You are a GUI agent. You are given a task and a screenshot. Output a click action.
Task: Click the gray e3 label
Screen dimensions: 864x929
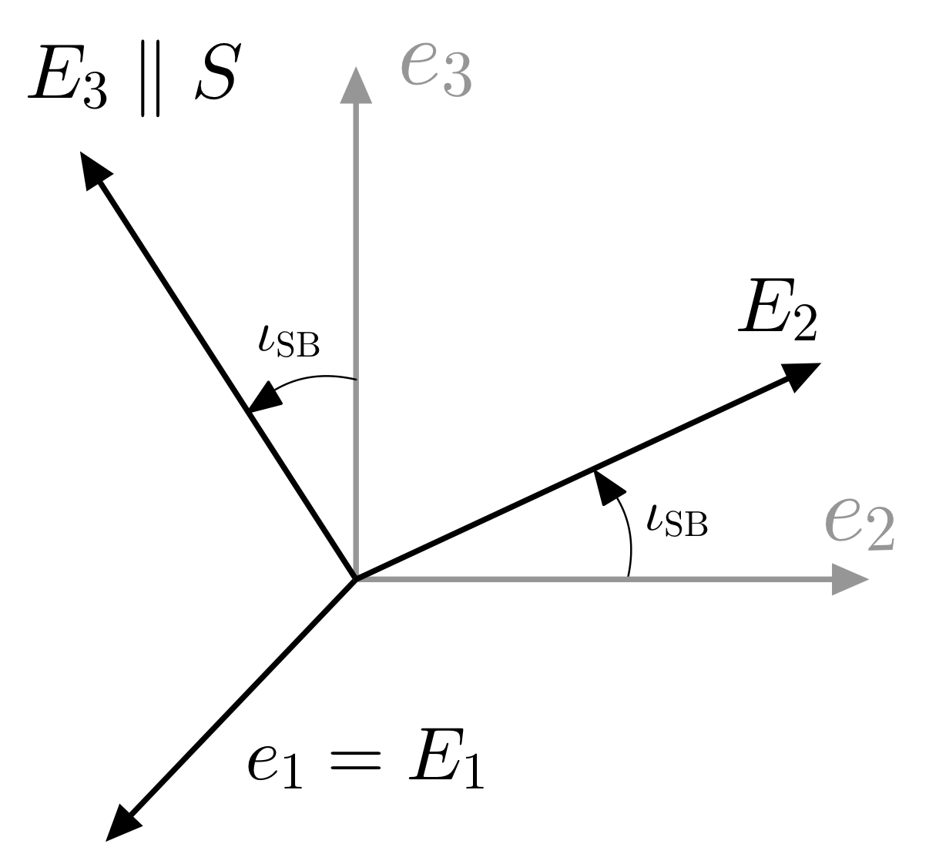(435, 70)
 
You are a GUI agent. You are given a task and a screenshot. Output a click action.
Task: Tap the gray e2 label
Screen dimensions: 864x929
(858, 524)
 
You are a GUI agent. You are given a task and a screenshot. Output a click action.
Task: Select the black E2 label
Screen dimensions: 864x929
(777, 312)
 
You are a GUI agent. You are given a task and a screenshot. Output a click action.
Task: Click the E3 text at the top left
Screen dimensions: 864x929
(68, 79)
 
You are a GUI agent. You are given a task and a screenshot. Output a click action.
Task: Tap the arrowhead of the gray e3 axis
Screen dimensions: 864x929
(356, 85)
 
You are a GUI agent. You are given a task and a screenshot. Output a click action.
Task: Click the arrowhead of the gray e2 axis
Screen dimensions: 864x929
(849, 578)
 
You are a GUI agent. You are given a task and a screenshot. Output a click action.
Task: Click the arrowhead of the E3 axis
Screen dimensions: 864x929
(93, 169)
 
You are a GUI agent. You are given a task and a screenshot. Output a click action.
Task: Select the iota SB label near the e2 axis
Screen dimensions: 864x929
(676, 521)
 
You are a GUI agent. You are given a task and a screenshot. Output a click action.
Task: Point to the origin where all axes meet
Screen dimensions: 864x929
(355, 578)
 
